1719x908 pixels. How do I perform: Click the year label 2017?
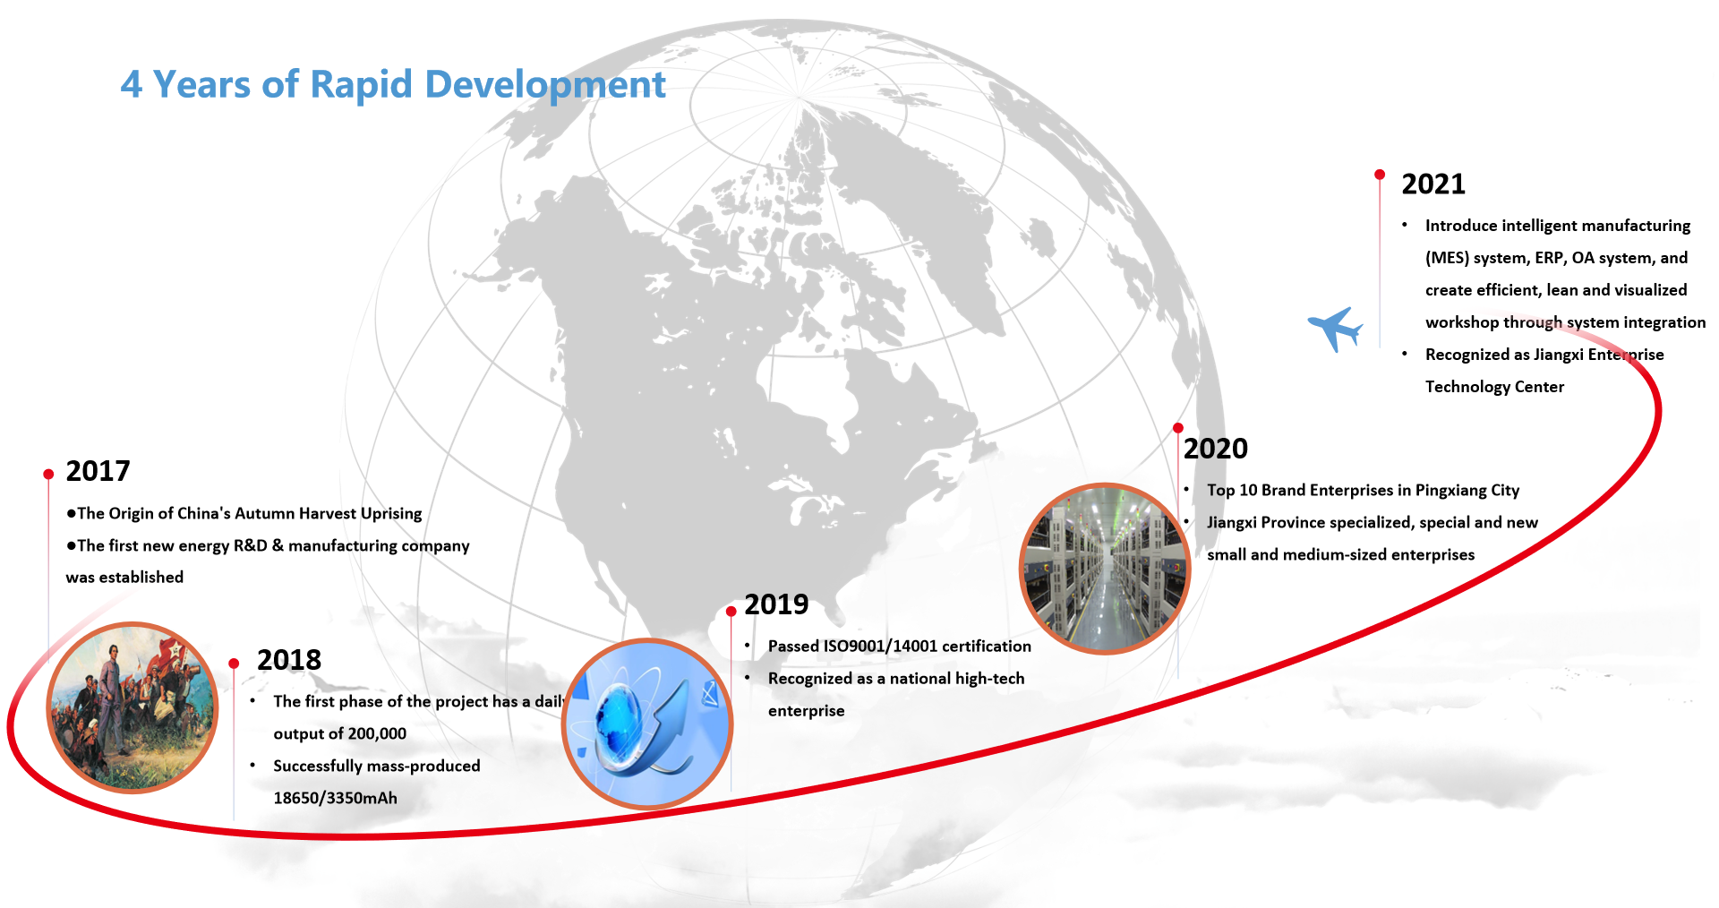(x=98, y=471)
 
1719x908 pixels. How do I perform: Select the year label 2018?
(x=288, y=660)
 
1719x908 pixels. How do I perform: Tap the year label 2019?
(x=776, y=604)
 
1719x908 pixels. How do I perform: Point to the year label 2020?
(x=1216, y=449)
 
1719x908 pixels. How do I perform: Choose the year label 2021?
(x=1433, y=184)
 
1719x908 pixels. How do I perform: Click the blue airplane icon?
(x=1335, y=329)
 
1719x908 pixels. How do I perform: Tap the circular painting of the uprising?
(x=133, y=707)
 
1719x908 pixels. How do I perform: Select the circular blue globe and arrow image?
(x=647, y=724)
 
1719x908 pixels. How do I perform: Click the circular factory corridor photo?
(x=1105, y=569)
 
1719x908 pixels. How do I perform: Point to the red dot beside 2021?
(x=1380, y=175)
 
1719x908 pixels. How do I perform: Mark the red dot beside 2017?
(x=48, y=475)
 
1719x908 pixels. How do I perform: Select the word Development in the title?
(x=545, y=85)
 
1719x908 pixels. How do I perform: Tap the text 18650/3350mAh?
(x=335, y=798)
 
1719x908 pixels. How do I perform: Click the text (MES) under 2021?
(x=1447, y=258)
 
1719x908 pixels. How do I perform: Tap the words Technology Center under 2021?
(x=1494, y=387)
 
